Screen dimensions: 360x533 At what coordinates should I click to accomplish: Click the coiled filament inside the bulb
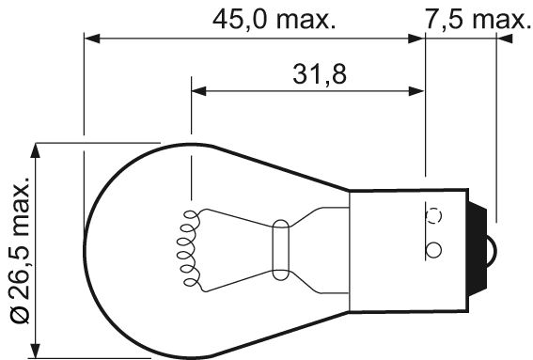coord(186,248)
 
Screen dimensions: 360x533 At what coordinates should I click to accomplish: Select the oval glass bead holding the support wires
coord(279,248)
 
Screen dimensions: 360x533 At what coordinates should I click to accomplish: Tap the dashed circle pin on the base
coord(434,214)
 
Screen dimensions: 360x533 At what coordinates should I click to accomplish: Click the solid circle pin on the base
coord(433,250)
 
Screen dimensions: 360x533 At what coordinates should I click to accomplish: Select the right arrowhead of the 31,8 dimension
coord(417,92)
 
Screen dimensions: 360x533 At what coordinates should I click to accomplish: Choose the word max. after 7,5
coord(494,19)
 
